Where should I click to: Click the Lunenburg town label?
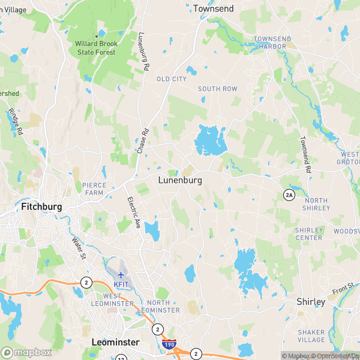(180, 179)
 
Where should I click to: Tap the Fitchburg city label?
(42, 206)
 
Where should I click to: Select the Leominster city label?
(115, 342)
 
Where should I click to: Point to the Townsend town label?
(213, 8)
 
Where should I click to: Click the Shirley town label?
(311, 302)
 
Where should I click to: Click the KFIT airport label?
(122, 284)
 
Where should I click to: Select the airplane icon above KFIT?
(121, 275)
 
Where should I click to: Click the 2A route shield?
(289, 194)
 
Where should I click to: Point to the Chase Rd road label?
(142, 140)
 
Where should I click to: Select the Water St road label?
(78, 248)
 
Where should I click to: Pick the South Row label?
(218, 89)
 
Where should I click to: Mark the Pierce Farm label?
(94, 189)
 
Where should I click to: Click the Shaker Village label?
(311, 336)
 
